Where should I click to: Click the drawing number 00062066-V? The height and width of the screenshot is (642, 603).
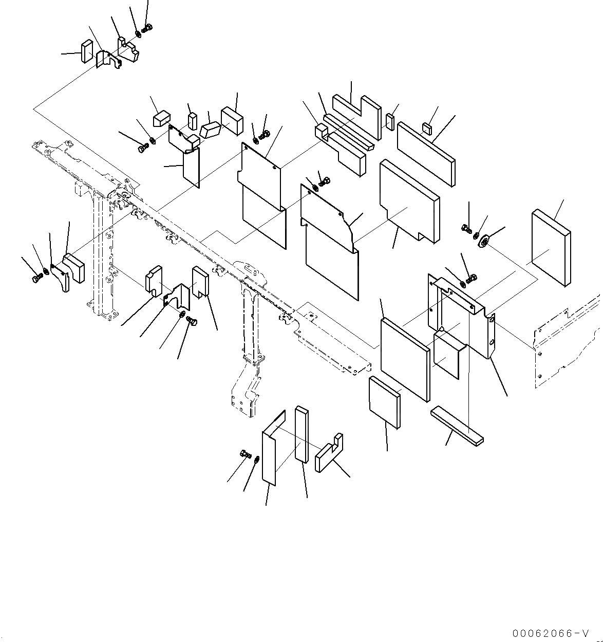coord(549,633)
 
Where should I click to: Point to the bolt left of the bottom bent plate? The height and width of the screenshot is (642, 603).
coord(245,454)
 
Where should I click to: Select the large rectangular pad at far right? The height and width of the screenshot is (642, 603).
coord(551,247)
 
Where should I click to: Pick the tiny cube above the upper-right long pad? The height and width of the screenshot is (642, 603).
coord(427,128)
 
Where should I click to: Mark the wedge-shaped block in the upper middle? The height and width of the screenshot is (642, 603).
coord(210,130)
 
